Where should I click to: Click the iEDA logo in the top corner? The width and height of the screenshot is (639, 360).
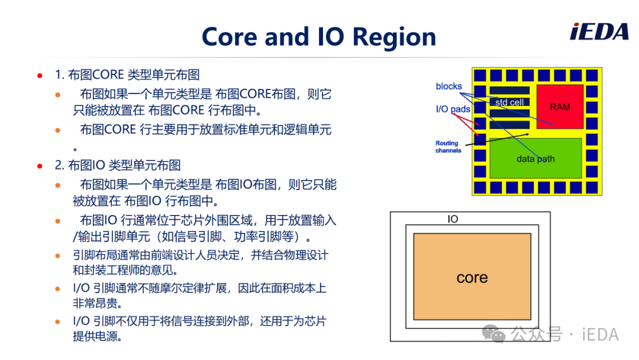[599, 32]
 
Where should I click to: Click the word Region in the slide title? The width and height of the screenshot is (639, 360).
[394, 37]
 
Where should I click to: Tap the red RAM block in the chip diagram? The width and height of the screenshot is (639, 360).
[560, 107]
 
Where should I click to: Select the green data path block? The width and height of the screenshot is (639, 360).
[535, 158]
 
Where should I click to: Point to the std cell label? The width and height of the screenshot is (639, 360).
[509, 102]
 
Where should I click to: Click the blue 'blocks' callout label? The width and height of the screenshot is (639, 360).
[448, 86]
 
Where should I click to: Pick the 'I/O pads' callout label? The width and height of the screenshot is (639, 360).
[453, 110]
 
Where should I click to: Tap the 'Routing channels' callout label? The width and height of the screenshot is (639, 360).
[448, 147]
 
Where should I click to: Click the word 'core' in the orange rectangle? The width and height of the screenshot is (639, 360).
[472, 278]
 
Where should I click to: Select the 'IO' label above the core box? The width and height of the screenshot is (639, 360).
[453, 219]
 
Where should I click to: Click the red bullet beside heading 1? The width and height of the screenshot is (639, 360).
[40, 75]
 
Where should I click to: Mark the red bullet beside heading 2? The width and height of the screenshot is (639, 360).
[40, 166]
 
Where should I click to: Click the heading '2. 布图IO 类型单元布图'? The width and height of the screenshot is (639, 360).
[118, 166]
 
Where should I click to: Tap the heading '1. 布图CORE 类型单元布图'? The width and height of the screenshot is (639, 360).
[127, 75]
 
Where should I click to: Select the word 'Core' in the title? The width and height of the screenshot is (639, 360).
[230, 37]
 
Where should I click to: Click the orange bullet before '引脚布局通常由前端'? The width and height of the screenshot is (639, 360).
[58, 256]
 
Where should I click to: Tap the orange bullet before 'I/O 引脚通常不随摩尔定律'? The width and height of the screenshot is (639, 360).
[58, 289]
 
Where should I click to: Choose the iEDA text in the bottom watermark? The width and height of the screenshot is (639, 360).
[601, 335]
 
